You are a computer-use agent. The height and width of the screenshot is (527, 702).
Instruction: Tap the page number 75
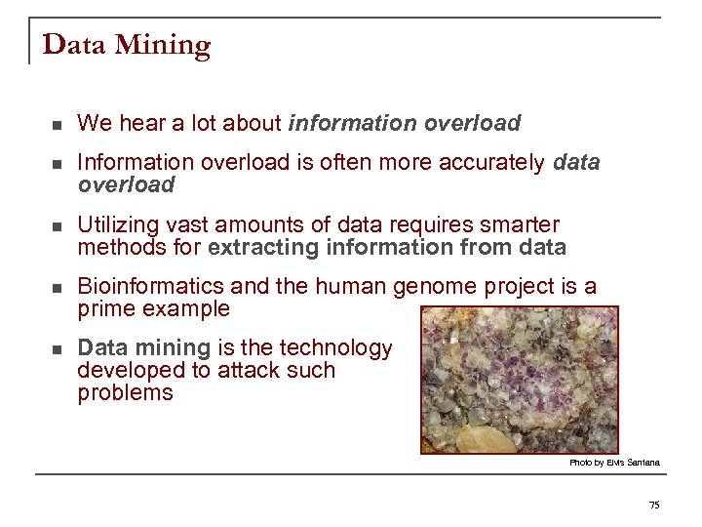pyautogui.click(x=653, y=505)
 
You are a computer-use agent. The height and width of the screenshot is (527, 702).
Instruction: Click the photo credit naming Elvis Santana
pyautogui.click(x=614, y=463)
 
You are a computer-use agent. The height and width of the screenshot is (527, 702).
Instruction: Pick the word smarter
pyautogui.click(x=526, y=224)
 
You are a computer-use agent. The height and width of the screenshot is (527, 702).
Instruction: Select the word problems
pyautogui.click(x=125, y=393)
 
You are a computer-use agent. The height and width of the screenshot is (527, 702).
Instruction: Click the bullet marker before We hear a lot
pyautogui.click(x=58, y=125)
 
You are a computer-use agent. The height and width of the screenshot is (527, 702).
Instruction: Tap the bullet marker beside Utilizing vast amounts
pyautogui.click(x=58, y=226)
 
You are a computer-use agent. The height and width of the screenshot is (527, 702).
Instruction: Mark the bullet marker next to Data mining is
pyautogui.click(x=58, y=349)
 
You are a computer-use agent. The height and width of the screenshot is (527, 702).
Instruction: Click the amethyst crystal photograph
pyautogui.click(x=519, y=381)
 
